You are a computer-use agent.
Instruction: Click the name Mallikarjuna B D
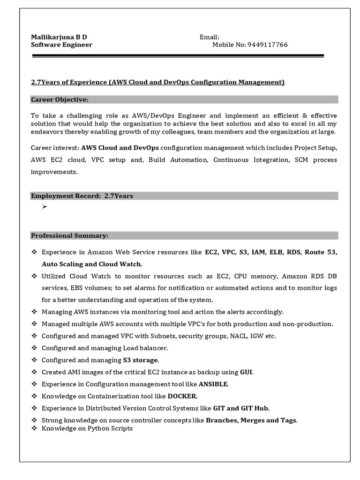(59, 37)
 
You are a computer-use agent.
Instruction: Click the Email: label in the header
(210, 37)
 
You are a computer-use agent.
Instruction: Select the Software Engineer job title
(61, 45)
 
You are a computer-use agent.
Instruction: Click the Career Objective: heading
(60, 99)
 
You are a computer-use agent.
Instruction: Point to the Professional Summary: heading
(69, 235)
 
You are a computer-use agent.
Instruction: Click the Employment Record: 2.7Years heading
(82, 196)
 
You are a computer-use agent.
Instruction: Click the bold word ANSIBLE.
(214, 384)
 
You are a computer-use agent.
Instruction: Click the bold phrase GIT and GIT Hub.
(241, 408)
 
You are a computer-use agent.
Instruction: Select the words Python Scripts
(110, 428)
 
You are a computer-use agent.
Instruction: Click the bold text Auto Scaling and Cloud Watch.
(92, 264)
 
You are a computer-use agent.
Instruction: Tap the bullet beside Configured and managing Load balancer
(34, 348)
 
